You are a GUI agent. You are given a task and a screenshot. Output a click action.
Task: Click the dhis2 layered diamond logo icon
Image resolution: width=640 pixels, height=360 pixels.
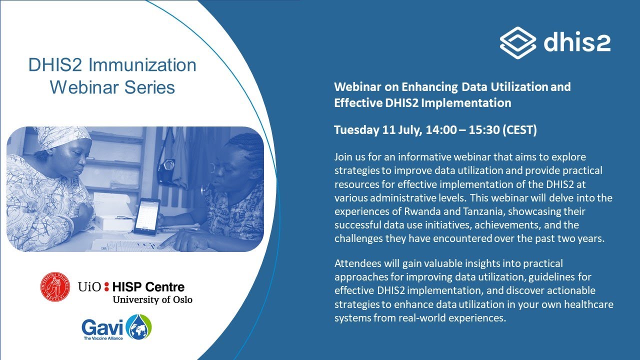[517, 42]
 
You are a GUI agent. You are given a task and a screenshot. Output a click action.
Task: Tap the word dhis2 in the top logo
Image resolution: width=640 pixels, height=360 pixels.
[576, 42]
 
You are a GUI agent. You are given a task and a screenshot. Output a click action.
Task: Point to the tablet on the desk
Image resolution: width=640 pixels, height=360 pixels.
[147, 215]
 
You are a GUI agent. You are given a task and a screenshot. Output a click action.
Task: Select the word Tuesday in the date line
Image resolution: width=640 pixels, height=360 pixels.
[356, 130]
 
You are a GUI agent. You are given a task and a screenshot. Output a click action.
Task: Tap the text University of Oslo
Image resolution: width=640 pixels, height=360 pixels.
[152, 299]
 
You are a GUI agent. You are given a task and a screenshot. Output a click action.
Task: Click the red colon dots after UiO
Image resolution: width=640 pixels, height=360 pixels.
[106, 287]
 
